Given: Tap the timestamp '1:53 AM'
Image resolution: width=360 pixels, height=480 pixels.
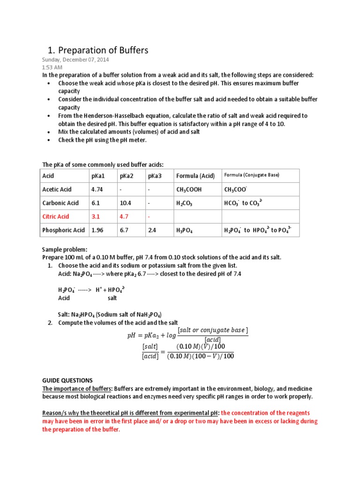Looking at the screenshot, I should (x=52, y=67).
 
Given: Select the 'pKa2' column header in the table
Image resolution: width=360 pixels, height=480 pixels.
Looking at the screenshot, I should (x=127, y=176).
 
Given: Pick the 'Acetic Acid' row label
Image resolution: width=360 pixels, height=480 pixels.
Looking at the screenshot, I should (x=57, y=189).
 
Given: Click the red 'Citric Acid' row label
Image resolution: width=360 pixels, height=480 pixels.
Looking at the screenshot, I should (x=56, y=217).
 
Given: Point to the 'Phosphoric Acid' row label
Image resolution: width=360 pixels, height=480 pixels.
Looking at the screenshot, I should (x=64, y=230).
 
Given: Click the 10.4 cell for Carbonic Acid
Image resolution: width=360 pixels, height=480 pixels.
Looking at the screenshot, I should (x=126, y=203).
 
